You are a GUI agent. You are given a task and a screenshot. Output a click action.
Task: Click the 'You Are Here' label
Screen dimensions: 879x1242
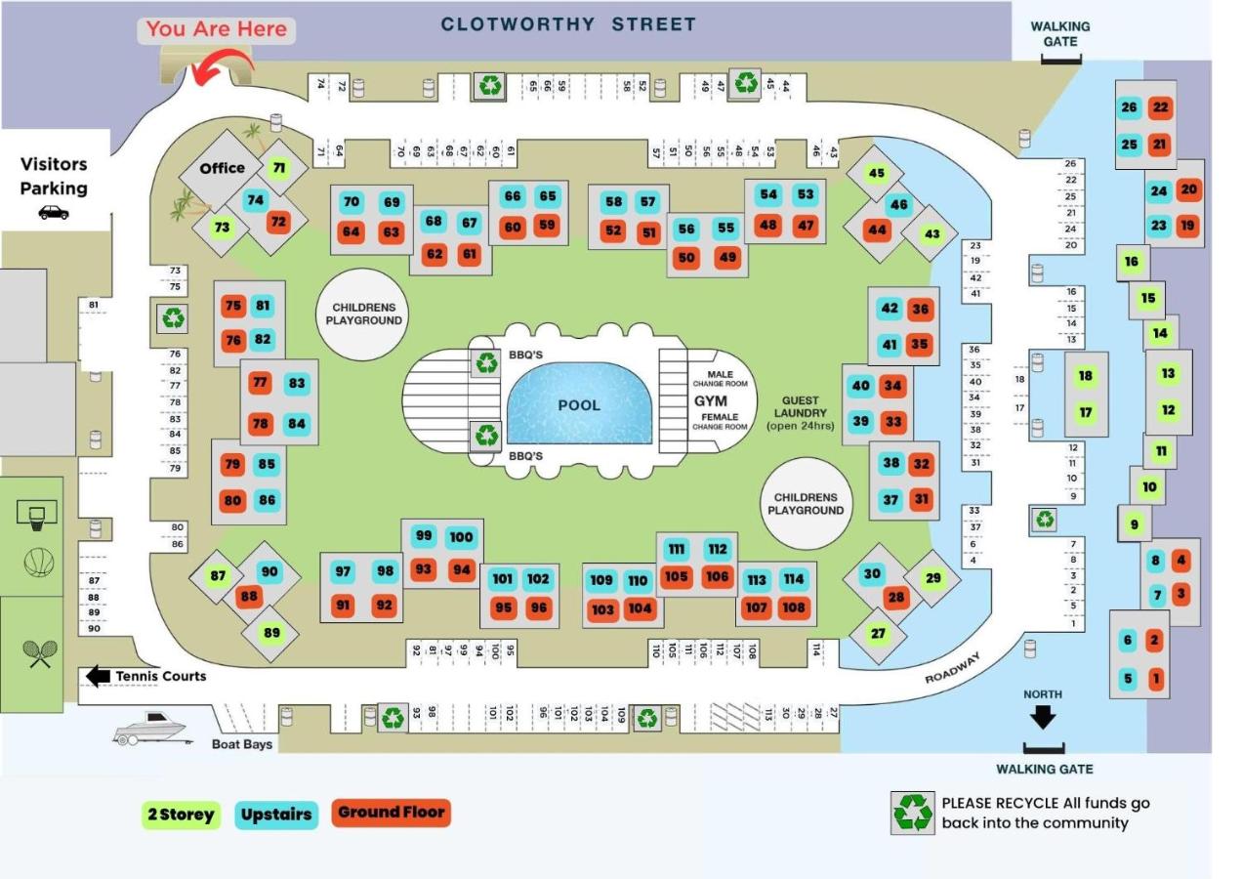217,29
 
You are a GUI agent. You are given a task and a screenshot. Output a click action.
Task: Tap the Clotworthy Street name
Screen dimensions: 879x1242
568,24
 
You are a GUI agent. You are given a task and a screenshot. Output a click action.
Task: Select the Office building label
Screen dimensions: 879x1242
222,168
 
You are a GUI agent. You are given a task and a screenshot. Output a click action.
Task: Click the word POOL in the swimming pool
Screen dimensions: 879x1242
579,405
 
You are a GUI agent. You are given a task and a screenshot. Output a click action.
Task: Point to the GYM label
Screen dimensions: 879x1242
711,401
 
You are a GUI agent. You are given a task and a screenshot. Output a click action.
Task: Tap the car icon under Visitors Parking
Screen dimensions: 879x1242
54,212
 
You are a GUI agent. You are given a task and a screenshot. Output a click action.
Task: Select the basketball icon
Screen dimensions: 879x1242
39,563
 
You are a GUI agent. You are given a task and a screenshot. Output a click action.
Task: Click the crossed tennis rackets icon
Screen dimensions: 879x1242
39,653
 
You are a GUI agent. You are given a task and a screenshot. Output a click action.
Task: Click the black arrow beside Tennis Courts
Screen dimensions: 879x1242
98,676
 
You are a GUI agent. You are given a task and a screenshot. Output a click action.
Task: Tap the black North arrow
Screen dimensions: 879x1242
1043,718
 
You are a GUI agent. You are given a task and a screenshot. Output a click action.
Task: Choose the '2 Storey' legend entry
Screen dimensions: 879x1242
181,815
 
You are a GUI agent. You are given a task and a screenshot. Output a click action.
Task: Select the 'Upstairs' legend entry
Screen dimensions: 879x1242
276,815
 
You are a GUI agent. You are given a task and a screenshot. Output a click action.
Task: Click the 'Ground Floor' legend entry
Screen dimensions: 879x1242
391,813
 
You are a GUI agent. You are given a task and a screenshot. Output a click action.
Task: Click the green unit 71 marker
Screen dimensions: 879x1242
279,168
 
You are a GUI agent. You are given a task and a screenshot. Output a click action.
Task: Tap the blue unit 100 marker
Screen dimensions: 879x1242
461,536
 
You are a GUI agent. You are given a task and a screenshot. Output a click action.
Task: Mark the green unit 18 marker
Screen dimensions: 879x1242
1085,376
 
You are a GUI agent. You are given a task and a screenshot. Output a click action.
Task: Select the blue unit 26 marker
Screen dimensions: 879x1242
1130,107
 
